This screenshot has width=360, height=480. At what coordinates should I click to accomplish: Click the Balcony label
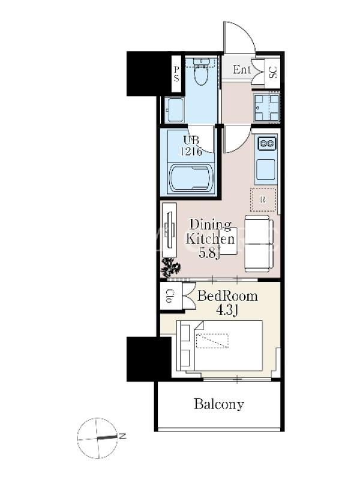(219, 404)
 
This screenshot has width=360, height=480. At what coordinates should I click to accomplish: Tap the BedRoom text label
(227, 296)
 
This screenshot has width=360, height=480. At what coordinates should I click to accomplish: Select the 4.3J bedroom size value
(227, 310)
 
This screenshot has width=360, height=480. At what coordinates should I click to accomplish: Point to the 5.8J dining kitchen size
(209, 253)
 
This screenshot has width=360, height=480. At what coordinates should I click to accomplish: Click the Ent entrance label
(242, 70)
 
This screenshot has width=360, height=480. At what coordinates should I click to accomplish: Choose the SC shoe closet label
(273, 72)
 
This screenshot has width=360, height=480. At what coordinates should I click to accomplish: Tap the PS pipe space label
(176, 74)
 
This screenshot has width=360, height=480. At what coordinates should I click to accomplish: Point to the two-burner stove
(267, 143)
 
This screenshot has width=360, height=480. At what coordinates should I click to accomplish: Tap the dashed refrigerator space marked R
(263, 200)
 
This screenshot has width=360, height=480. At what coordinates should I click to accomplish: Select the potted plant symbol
(171, 266)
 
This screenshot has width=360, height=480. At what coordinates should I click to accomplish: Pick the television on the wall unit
(169, 230)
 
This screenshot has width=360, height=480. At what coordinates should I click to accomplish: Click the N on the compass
(122, 436)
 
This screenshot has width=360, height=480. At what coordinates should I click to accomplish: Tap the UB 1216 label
(191, 146)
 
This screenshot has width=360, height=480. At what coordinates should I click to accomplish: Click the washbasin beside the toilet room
(174, 110)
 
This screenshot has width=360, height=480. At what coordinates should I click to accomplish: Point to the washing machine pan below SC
(266, 107)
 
